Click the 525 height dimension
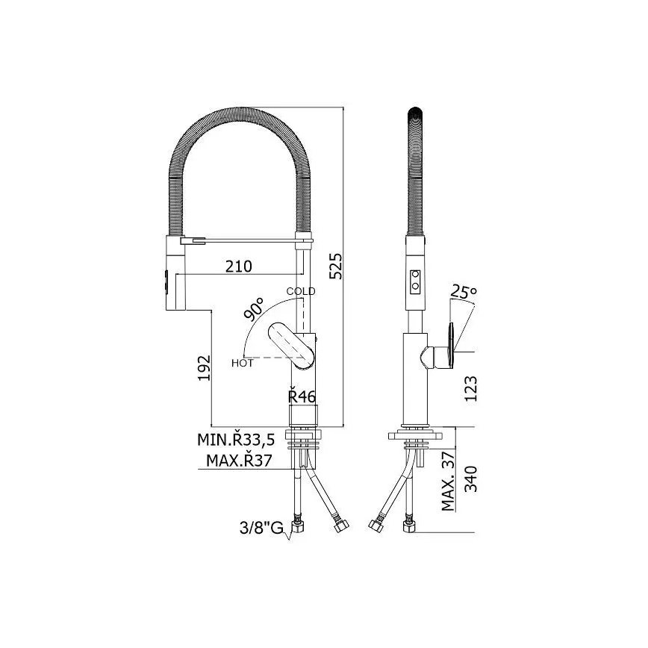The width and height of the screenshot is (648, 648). coord(336,265)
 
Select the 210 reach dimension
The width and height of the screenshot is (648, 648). coord(237,266)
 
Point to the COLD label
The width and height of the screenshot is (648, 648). coord(301,291)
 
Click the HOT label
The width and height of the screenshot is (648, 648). coord(242,364)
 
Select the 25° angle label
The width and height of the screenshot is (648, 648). coord(464,292)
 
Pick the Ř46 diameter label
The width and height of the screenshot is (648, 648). coord(301,396)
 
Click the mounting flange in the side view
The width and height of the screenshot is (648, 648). coord(416,434)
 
